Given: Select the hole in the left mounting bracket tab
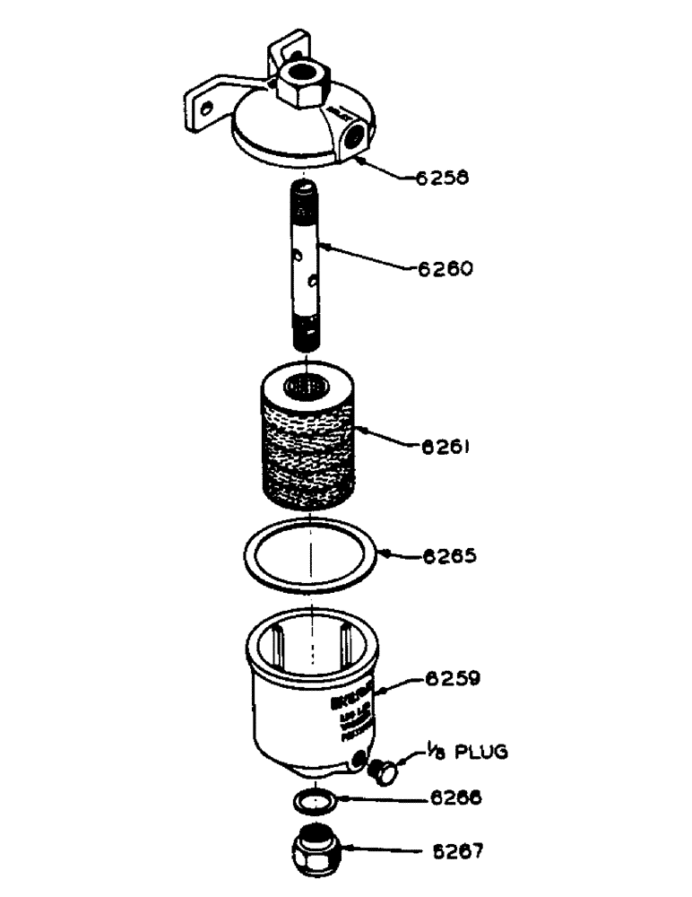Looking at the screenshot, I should click(207, 109).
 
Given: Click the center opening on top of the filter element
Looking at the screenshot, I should click(307, 388).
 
